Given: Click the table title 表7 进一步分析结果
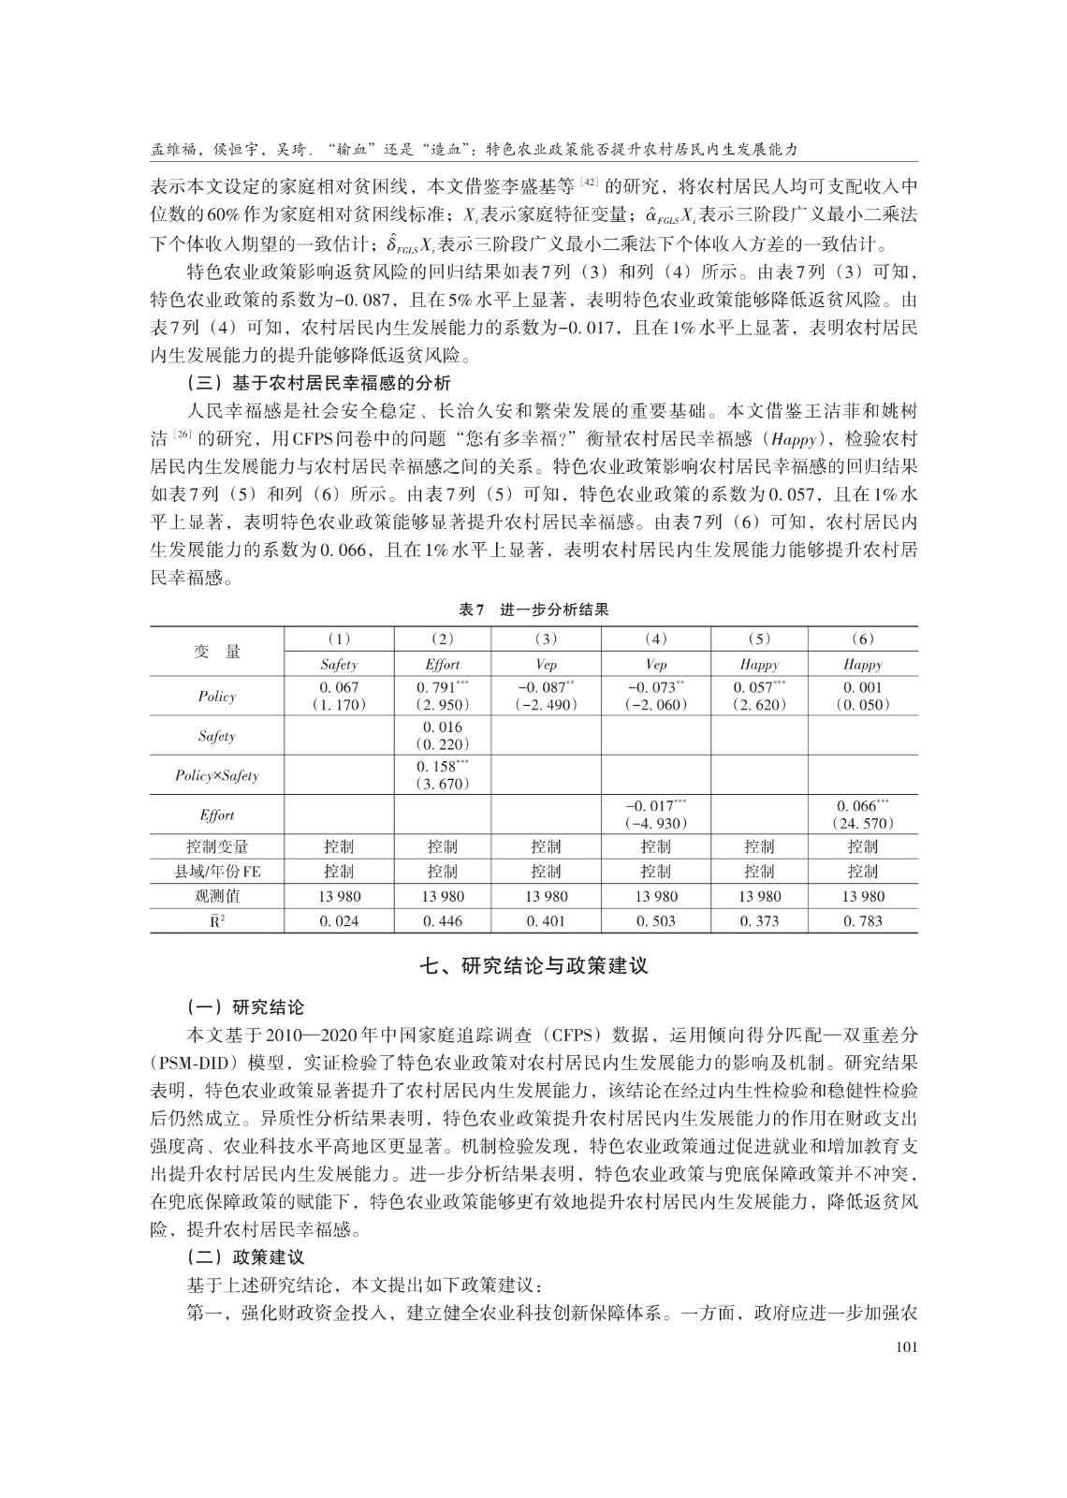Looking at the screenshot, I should pos(533,609).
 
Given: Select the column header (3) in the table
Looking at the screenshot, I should pos(546,639).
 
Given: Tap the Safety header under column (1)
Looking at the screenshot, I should pos(339,664).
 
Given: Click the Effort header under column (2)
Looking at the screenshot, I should pos(443,664).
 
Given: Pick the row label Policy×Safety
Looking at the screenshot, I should pos(216,775).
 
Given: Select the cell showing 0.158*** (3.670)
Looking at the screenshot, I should pos(443,774).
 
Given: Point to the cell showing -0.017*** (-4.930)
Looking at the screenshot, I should pos(656,815).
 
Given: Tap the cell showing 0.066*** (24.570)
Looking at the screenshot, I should pos(862,815).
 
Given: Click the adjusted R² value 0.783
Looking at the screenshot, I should pos(862,921).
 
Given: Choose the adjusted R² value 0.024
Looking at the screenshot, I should pos(339,921).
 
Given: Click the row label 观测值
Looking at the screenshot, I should pos(216,896).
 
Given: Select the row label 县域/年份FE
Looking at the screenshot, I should pos(216,872).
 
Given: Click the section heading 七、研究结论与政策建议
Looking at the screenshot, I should pos(533,965).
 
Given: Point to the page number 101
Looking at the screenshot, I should pos(903,1347).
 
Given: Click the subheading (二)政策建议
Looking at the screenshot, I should pos(245,1257).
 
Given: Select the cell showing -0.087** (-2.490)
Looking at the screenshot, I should pos(546,696).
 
